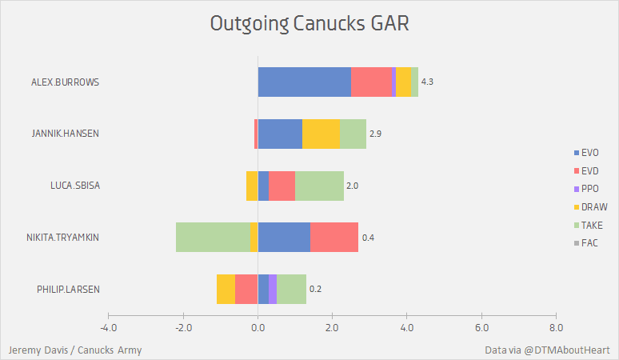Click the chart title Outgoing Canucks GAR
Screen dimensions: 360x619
point(309,24)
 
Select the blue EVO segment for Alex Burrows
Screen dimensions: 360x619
point(305,82)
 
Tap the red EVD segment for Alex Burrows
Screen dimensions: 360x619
point(372,82)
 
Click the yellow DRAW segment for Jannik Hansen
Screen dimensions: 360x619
point(321,134)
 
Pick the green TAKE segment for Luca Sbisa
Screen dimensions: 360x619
point(320,186)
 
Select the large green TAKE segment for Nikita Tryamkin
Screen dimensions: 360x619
point(213,237)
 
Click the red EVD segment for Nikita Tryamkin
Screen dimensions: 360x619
point(334,237)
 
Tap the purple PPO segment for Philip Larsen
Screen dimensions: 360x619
point(273,289)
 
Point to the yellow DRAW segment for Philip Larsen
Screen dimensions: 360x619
point(226,289)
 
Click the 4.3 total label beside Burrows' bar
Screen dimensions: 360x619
point(427,82)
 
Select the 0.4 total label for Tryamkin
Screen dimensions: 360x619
point(368,238)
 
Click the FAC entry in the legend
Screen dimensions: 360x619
point(590,243)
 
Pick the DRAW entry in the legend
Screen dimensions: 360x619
point(593,206)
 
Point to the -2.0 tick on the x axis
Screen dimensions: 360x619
point(183,327)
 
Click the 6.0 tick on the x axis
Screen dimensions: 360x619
point(482,327)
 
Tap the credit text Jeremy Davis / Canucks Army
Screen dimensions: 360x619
point(75,350)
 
